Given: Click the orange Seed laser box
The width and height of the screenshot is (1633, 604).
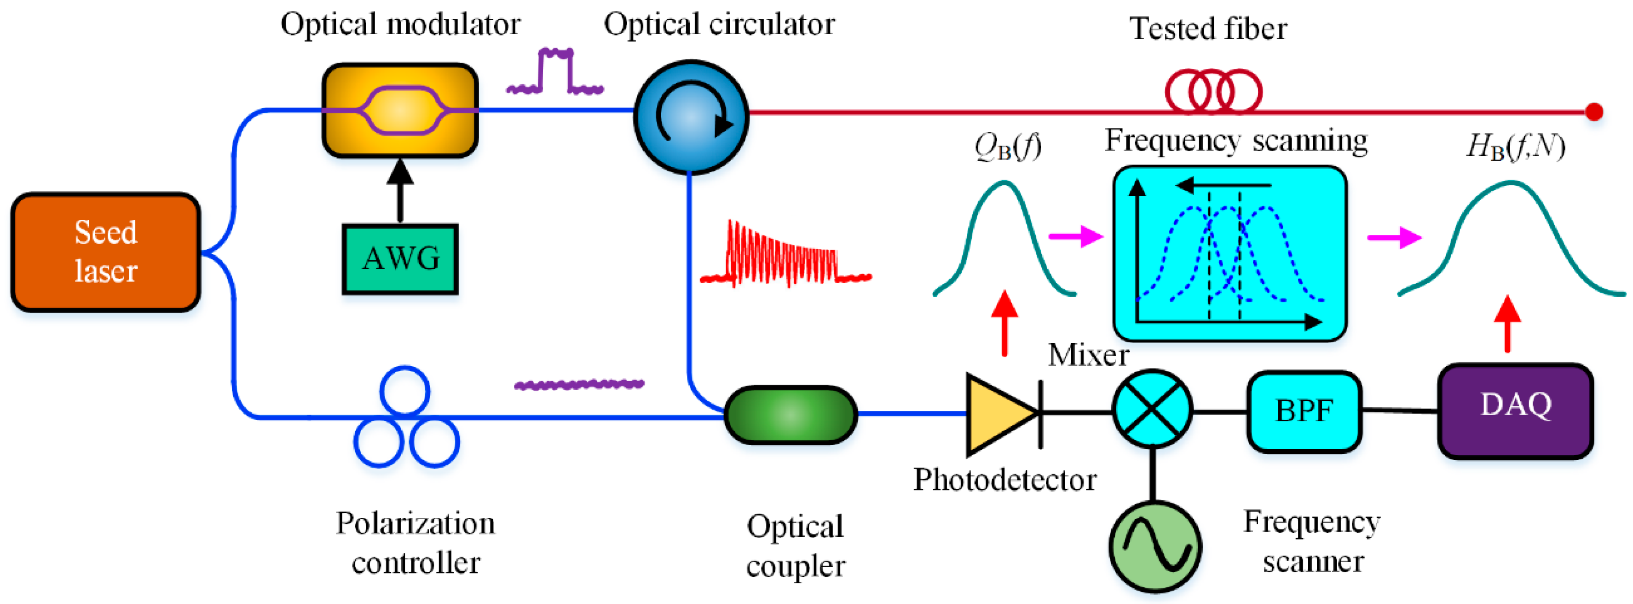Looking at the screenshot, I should [106, 252].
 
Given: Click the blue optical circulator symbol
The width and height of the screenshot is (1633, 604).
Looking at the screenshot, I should [691, 117].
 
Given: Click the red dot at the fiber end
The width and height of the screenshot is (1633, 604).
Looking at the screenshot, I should [1594, 112].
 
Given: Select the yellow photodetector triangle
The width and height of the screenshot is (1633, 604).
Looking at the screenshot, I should [997, 414].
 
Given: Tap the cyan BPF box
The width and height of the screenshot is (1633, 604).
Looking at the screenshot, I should [1304, 411].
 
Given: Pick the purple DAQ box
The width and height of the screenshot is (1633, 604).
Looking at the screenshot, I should [1515, 411].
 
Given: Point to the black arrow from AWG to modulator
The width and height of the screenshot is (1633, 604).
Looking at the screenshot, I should [400, 190].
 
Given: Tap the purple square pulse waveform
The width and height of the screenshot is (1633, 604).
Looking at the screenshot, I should [555, 72].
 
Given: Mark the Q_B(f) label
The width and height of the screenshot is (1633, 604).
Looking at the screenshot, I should [1007, 147].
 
